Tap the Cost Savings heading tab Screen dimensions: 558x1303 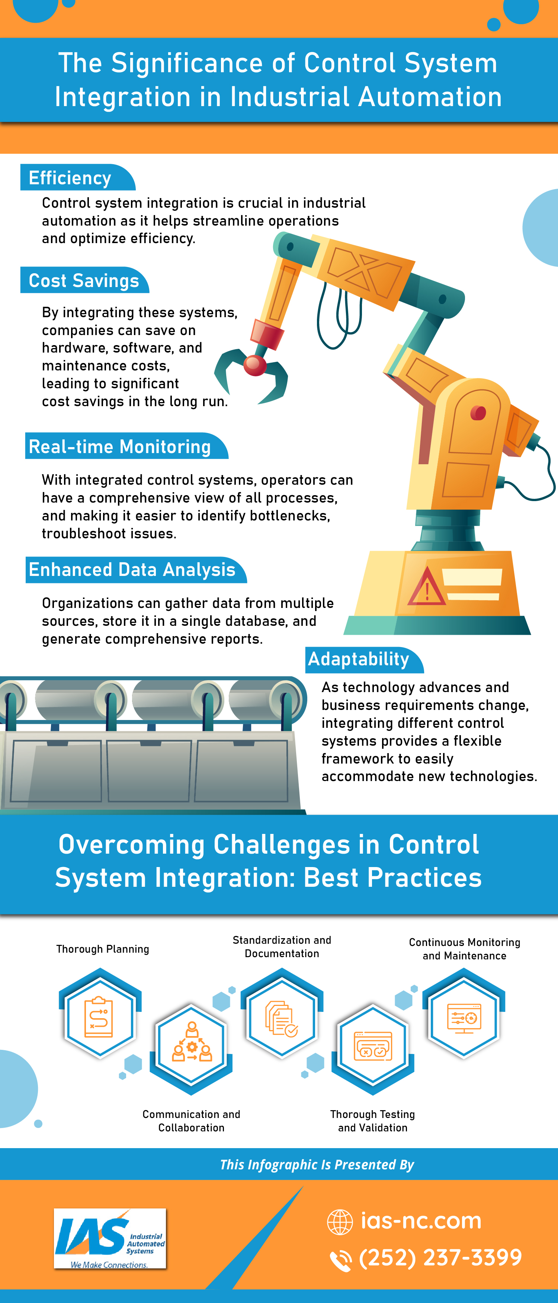click(84, 280)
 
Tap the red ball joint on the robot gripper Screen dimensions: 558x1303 click(255, 365)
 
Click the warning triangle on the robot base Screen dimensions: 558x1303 click(427, 587)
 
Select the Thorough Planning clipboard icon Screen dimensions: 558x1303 click(99, 1017)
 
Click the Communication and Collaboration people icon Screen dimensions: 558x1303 click(192, 1042)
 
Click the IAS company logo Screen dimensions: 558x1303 click(110, 1238)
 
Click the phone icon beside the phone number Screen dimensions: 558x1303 click(341, 1260)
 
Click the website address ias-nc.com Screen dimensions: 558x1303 click(421, 1221)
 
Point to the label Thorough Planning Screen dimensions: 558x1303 click(103, 949)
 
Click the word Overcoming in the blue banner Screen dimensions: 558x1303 click(131, 845)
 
